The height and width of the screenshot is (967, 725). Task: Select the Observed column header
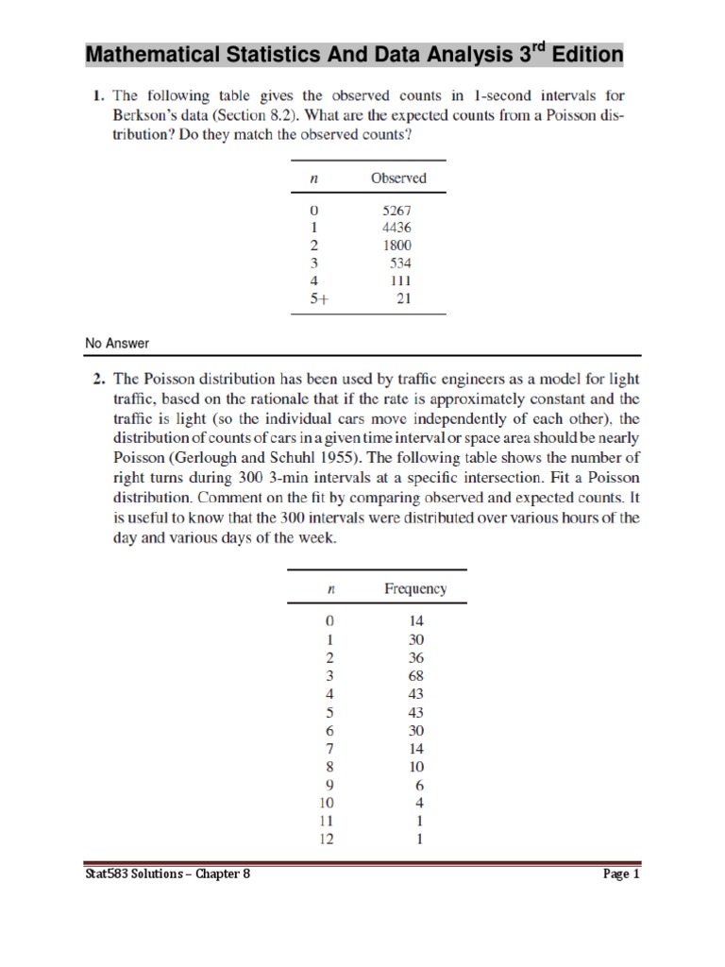tap(398, 178)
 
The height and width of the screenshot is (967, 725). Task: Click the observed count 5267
tap(396, 210)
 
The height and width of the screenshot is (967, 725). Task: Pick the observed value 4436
tap(396, 228)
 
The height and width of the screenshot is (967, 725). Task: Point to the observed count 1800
tap(396, 245)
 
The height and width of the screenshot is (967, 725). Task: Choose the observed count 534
tap(400, 263)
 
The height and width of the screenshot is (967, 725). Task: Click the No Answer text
tap(117, 343)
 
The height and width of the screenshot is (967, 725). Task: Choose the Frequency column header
tap(415, 589)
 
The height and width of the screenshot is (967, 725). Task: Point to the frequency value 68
tap(416, 675)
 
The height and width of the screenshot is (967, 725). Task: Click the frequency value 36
tap(416, 657)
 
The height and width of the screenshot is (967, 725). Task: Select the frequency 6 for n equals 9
tap(419, 784)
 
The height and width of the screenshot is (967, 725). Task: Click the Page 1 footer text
tap(621, 874)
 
